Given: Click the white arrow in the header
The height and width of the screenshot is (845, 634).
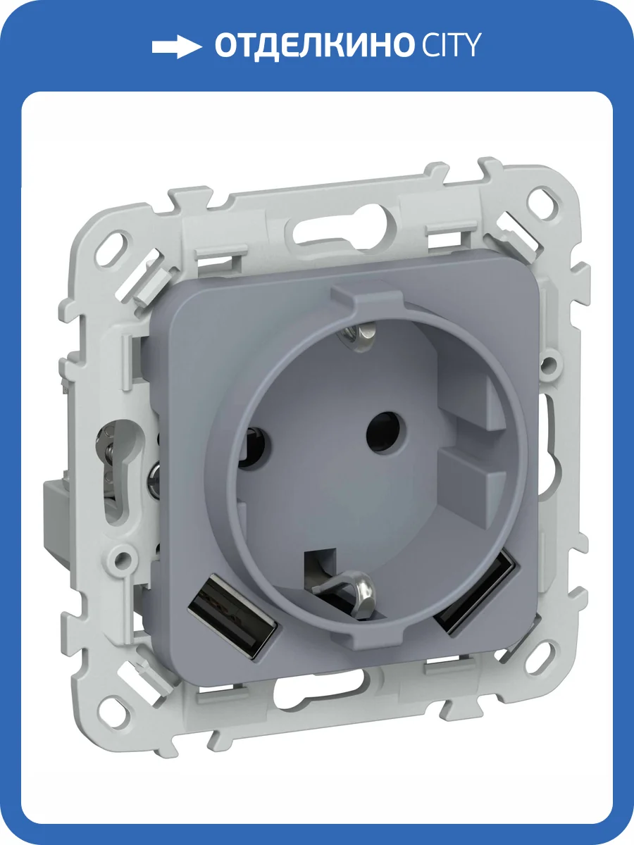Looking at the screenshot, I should [176, 47].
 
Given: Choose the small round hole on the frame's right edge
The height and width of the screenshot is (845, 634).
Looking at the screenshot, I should [547, 365].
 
